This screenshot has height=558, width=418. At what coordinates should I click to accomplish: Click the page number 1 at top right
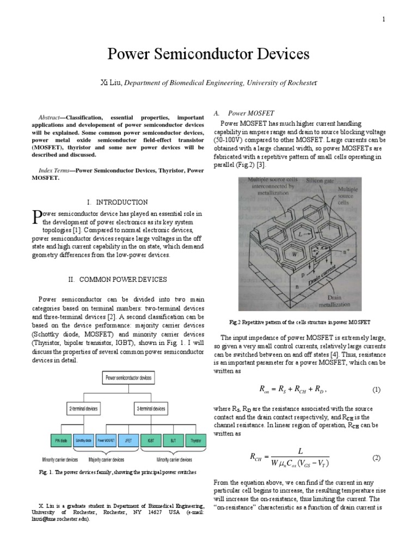coord(384,20)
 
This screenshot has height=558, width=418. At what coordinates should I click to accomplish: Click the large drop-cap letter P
coord(37,217)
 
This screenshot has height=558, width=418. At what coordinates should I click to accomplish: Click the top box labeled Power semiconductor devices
coord(128,377)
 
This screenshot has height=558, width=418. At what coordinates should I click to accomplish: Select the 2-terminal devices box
coord(87,408)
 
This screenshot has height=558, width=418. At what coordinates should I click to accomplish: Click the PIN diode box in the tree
coord(56,439)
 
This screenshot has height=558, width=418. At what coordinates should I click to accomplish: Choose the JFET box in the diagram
coord(128,439)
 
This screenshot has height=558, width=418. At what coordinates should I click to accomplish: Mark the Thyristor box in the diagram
coord(194,439)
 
